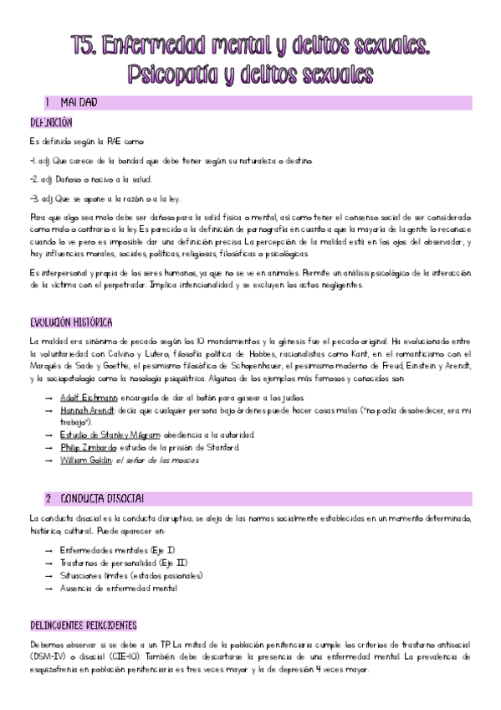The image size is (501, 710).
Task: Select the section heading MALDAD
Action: (79, 103)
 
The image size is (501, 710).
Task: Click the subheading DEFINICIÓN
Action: (52, 122)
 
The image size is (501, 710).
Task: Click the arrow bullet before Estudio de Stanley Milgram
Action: (47, 435)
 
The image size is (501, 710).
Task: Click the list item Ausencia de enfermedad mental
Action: (118, 588)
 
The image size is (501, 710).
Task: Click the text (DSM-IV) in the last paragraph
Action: (46, 657)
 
